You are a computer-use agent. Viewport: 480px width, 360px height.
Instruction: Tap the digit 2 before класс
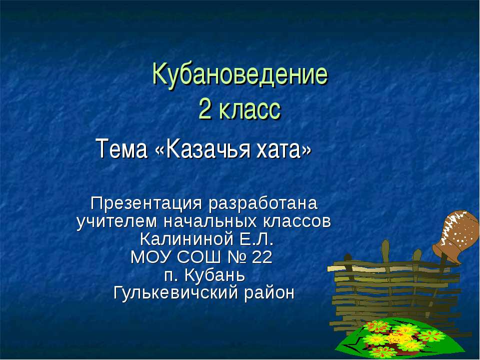pos(205,109)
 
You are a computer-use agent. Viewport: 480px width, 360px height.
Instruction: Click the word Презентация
pos(145,204)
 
